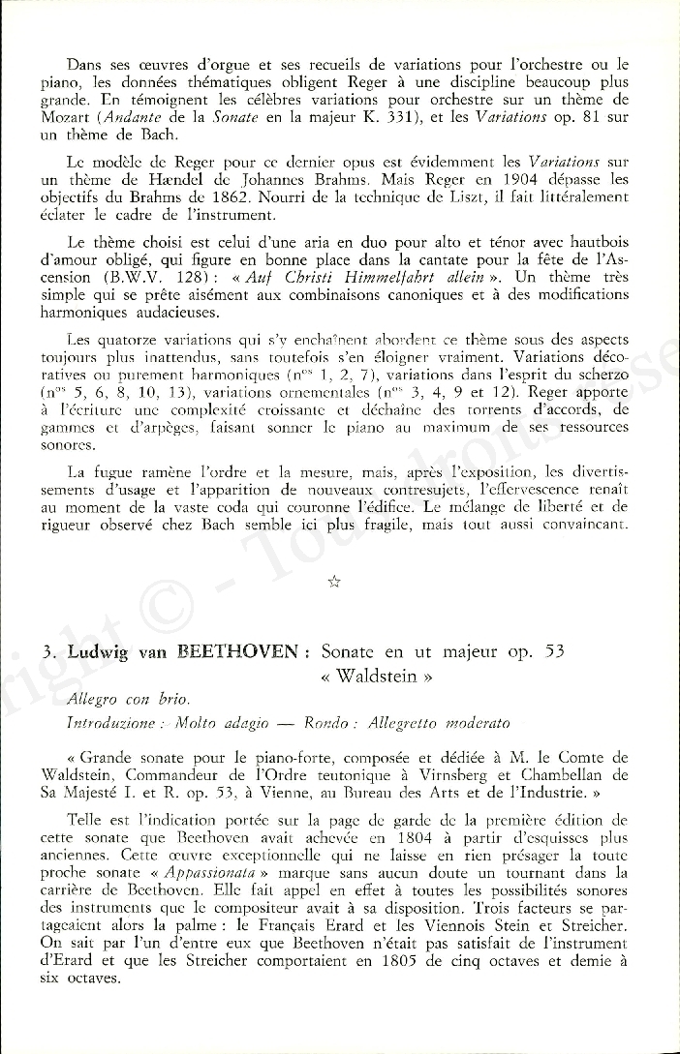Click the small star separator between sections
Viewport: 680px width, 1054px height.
335,581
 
